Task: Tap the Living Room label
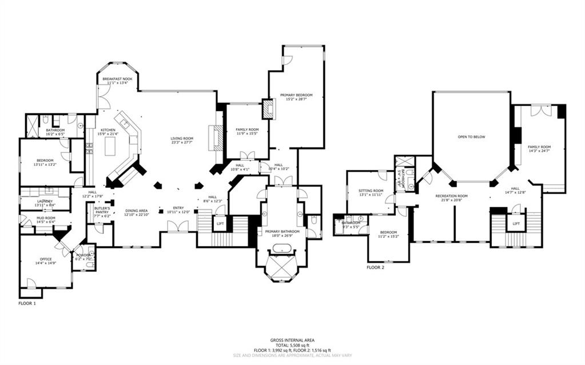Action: click(x=182, y=140)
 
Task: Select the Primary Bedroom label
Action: click(x=296, y=97)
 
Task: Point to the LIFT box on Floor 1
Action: click(x=220, y=224)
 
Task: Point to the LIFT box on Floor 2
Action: click(x=516, y=224)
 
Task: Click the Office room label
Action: click(x=45, y=261)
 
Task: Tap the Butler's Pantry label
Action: click(x=102, y=210)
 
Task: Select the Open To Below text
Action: click(x=471, y=137)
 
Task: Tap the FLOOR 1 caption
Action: click(x=27, y=303)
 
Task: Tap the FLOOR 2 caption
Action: click(x=376, y=267)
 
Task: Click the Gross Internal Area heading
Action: click(x=292, y=340)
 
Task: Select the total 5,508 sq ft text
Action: click(x=292, y=345)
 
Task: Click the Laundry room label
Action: click(x=45, y=203)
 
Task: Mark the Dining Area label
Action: click(x=137, y=212)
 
